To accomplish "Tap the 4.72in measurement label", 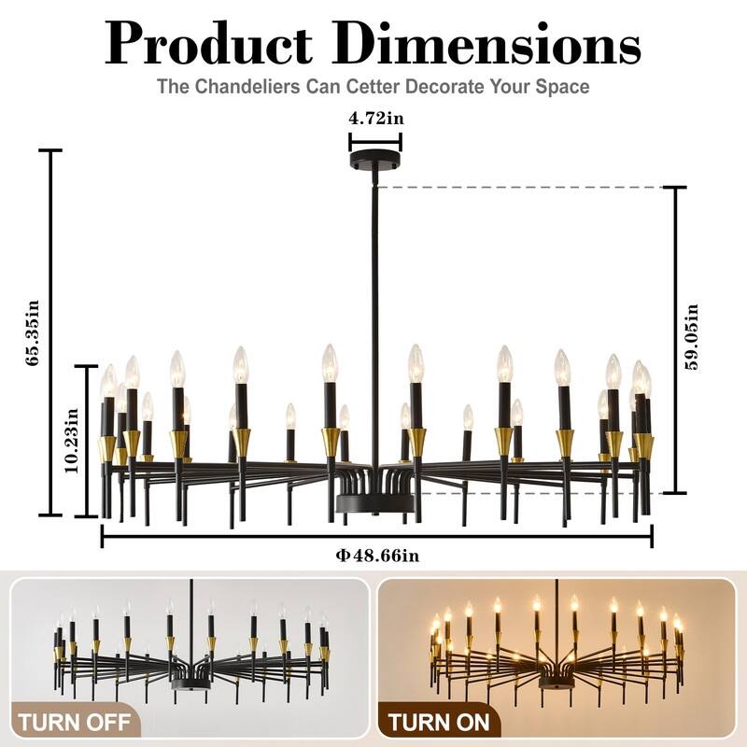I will coord(374,119).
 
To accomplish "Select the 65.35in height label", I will coord(35,332).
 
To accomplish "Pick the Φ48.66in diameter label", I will coord(377,555).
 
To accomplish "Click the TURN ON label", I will coord(438,721).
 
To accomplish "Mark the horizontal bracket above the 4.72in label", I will coord(375,142).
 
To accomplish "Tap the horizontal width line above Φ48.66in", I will coord(377,536).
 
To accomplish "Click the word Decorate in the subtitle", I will coord(426,87).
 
